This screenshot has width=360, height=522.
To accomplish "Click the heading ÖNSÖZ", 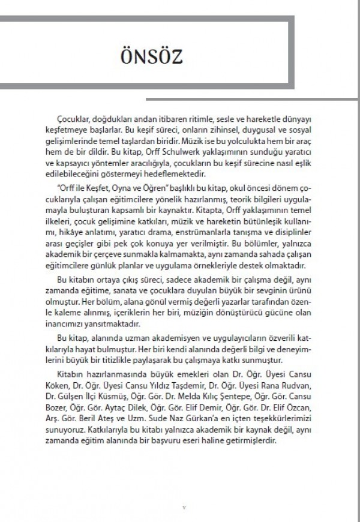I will [149, 58].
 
